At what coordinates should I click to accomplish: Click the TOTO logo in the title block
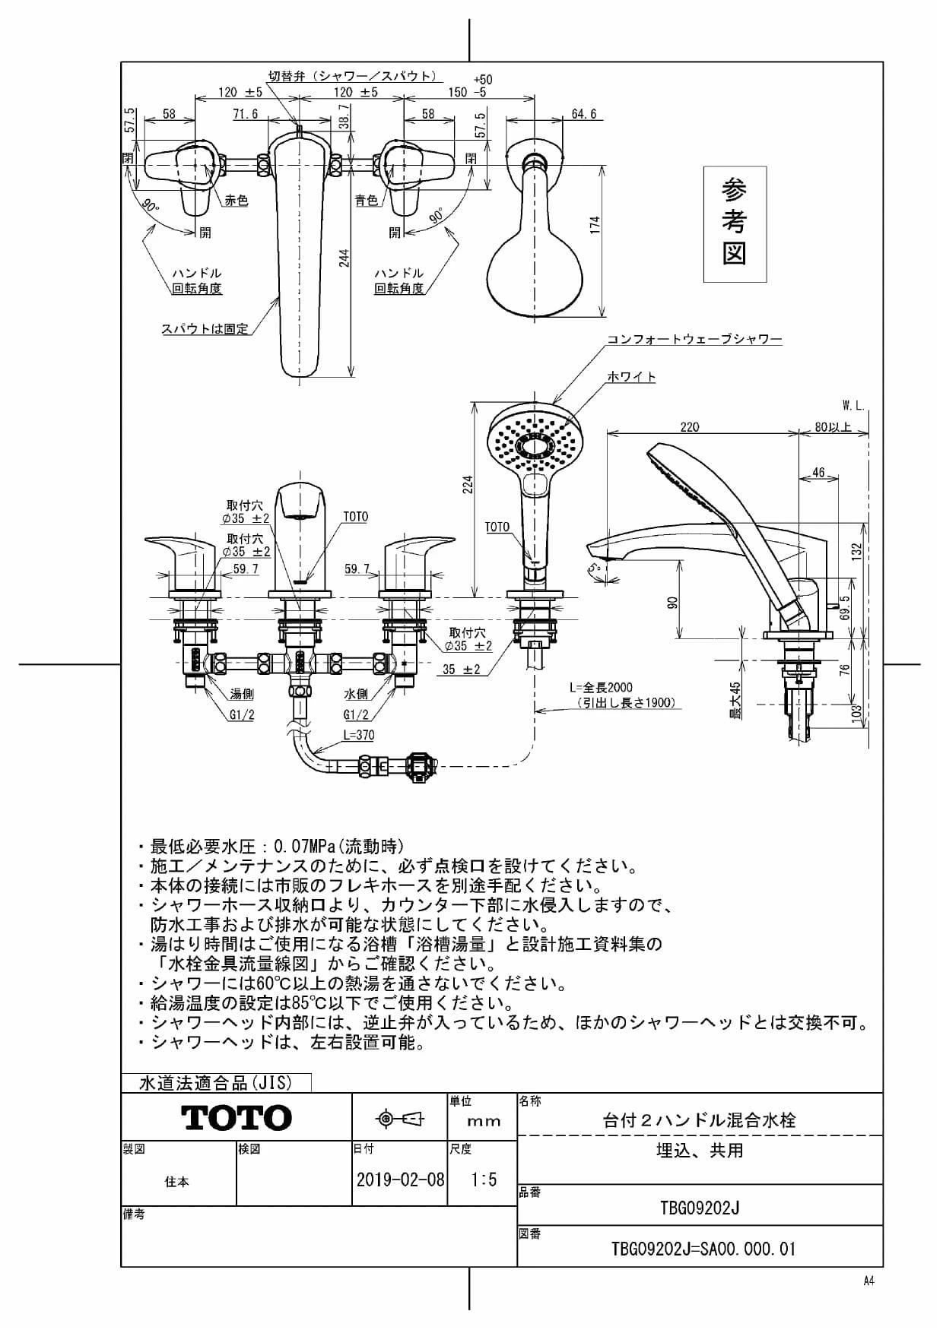(x=236, y=1117)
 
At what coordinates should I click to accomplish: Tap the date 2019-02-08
(x=400, y=1179)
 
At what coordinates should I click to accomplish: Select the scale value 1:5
(x=484, y=1179)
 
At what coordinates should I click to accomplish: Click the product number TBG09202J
(x=700, y=1208)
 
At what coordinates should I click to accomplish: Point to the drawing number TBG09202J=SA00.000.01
(x=703, y=1249)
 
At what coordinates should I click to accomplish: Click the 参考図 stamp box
(x=734, y=223)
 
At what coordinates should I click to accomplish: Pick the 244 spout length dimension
(x=344, y=258)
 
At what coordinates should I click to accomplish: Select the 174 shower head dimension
(x=596, y=225)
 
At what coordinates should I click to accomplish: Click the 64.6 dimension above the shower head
(x=583, y=115)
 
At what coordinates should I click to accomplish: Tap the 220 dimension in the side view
(x=689, y=427)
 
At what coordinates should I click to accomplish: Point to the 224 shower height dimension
(x=468, y=484)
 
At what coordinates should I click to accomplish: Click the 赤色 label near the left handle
(x=236, y=201)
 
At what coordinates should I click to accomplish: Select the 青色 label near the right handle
(x=367, y=201)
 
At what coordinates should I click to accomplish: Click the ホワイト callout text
(x=631, y=377)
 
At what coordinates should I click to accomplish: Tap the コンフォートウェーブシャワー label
(x=694, y=340)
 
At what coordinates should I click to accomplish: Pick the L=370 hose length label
(x=358, y=735)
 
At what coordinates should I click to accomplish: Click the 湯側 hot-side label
(x=242, y=695)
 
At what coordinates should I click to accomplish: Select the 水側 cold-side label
(x=356, y=695)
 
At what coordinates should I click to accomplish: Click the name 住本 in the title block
(x=177, y=1182)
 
